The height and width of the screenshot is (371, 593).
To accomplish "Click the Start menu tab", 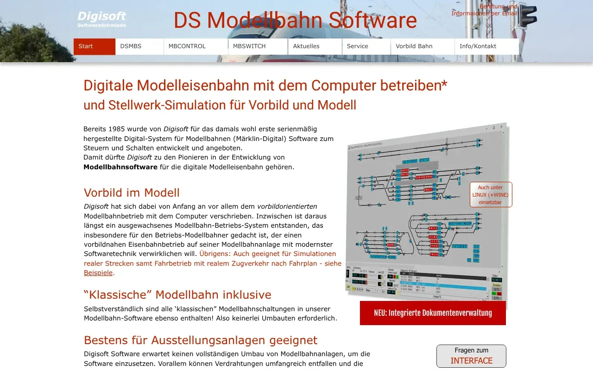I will (94, 46).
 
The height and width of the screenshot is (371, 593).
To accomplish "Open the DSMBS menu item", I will (139, 46).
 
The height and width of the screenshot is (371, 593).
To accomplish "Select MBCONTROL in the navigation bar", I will (196, 46).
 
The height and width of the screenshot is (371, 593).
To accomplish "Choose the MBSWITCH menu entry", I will (258, 46).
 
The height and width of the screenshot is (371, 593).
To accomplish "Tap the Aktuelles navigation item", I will (315, 46).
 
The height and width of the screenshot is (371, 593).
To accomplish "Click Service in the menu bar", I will (366, 46).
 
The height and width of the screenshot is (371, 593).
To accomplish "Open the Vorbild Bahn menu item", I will (423, 46).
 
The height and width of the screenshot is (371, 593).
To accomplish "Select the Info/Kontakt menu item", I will (486, 46).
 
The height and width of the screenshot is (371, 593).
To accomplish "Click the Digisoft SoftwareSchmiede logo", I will (101, 19).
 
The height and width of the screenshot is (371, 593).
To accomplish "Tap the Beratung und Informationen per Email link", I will (484, 10).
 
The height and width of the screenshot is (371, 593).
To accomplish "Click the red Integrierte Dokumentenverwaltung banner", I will (433, 313).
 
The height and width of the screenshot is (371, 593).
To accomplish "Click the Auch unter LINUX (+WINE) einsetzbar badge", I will (491, 195).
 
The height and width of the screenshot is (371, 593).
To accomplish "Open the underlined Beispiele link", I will (98, 273).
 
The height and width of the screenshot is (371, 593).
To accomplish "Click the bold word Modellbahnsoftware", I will (120, 167).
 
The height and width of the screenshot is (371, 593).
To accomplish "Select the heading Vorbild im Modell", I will (132, 192).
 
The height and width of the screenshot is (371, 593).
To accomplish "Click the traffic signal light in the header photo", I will (527, 17).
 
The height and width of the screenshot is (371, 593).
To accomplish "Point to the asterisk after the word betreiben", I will (444, 83).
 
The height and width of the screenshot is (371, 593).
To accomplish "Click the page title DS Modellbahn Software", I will (295, 20).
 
